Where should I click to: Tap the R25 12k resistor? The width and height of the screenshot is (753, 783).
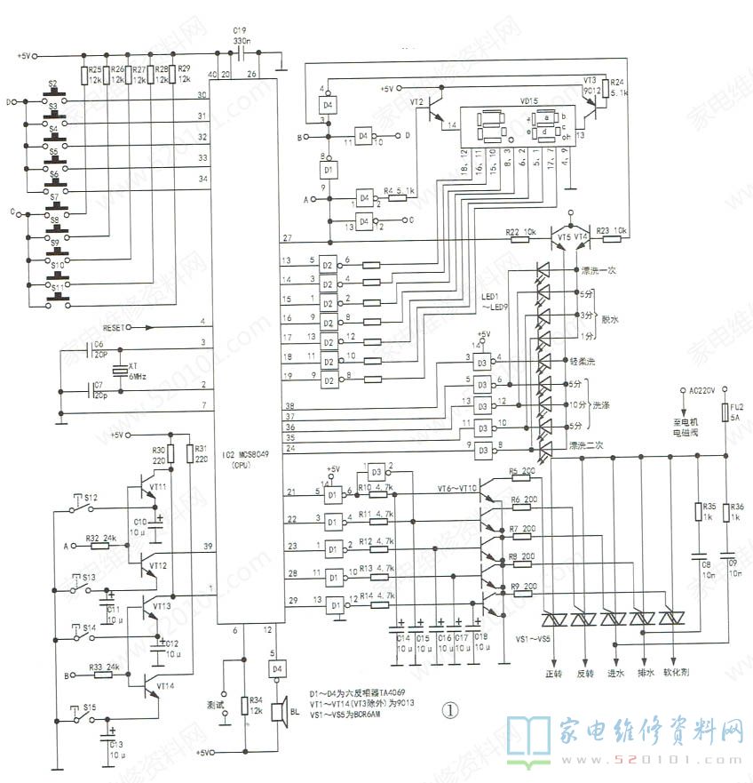85,76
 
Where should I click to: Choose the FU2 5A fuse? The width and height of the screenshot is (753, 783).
725,413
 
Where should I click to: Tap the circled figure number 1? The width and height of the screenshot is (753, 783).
450,710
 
